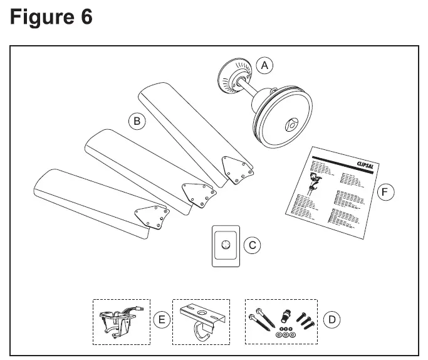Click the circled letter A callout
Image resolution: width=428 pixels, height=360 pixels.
point(264,65)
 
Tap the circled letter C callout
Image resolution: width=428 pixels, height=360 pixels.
point(253,245)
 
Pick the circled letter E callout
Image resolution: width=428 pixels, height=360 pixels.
point(161,320)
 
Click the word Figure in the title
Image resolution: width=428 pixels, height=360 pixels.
point(40,17)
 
